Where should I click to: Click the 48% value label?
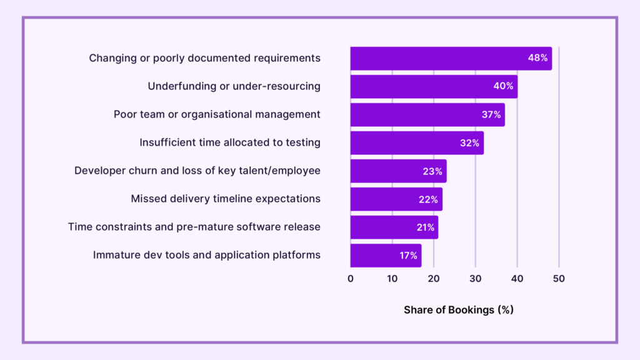click(537, 58)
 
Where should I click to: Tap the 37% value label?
click(491, 115)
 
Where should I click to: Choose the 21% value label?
click(425, 227)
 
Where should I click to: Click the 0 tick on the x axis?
click(351, 279)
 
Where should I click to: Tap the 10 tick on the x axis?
click(392, 279)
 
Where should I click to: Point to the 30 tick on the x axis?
click(476, 279)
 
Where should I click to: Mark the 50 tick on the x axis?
click(559, 279)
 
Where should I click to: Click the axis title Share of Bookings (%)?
click(458, 310)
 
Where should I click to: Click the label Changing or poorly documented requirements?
click(204, 58)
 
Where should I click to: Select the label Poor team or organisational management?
click(217, 114)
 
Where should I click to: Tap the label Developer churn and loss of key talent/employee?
click(197, 171)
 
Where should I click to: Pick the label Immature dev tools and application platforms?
click(206, 255)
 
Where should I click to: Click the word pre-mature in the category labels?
click(215, 227)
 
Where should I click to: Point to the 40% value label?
click(503, 86)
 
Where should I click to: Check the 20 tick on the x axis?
click(434, 279)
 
